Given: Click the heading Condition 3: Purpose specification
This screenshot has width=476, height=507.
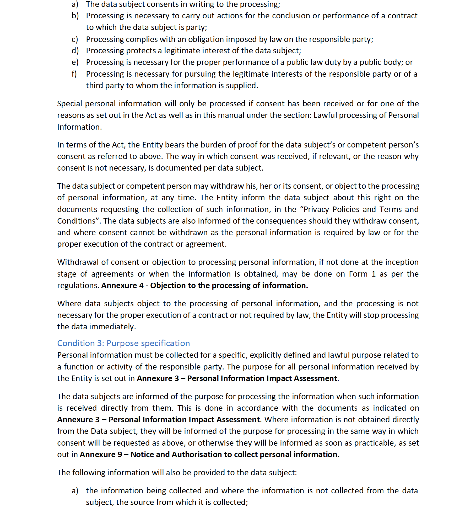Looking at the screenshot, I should pos(123,343).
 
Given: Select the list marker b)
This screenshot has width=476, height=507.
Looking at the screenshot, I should pos(75,16).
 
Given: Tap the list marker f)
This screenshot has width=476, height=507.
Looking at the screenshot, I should pos(74,74).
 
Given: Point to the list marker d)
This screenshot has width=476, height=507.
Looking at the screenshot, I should pos(75,51).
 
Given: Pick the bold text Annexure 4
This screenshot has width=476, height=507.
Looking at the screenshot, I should pos(122,286).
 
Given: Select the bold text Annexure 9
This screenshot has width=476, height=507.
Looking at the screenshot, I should pos(101,455).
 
